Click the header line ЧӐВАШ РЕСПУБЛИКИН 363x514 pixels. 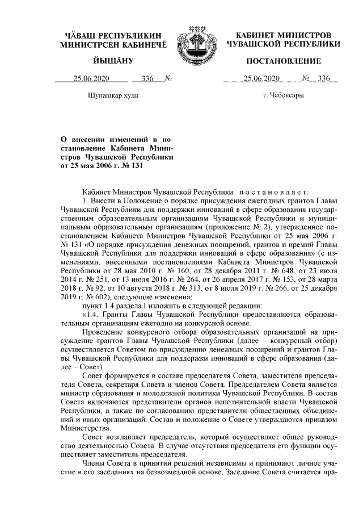coord(114,36)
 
